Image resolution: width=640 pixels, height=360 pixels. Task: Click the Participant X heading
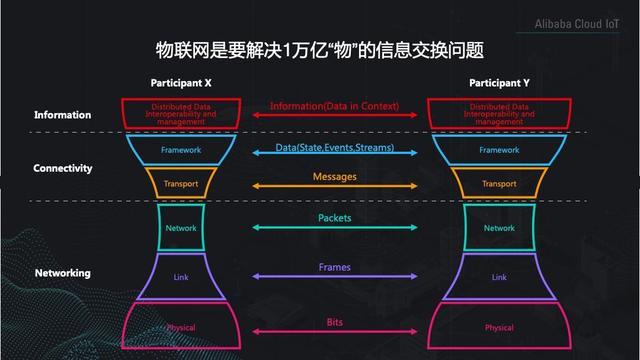tap(181, 81)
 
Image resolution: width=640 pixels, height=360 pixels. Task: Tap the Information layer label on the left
tap(62, 115)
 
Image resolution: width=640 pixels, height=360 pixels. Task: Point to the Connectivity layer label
tap(63, 168)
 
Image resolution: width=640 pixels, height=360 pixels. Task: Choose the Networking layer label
tap(62, 273)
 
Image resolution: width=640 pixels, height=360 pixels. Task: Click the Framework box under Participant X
tap(181, 150)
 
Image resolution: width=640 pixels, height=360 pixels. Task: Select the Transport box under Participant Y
tap(499, 183)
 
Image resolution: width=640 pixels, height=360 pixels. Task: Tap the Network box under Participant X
tap(181, 228)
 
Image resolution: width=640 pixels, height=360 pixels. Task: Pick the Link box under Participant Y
tap(499, 276)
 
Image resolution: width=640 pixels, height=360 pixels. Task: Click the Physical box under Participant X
tap(181, 328)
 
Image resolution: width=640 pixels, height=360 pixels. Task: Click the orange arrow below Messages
tap(335, 187)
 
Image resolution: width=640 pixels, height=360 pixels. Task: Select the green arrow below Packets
tap(335, 228)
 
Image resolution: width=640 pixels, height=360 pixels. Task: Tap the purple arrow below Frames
tap(335, 277)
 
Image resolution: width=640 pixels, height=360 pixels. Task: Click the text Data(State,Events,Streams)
tap(335, 148)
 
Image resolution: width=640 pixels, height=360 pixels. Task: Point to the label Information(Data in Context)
tap(334, 106)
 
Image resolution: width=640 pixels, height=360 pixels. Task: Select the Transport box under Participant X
tap(181, 183)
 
